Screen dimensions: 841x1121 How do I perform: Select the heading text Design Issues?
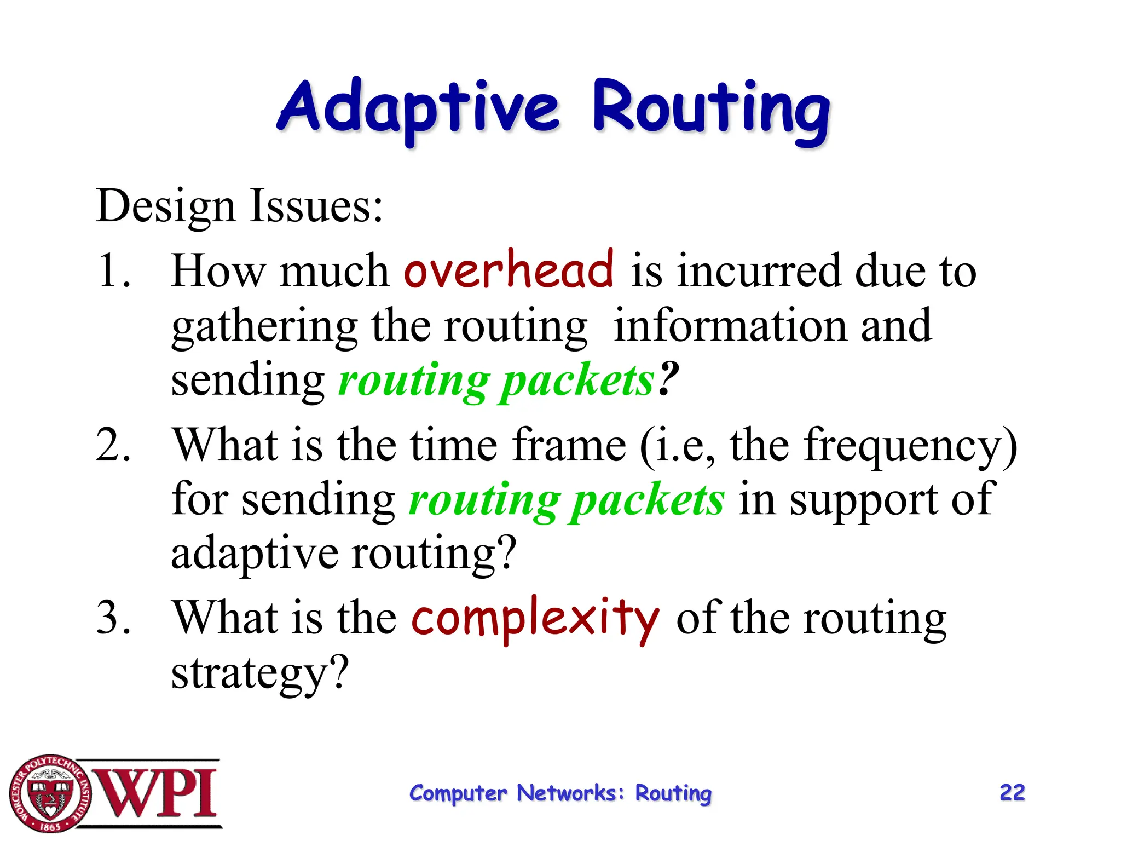(x=239, y=206)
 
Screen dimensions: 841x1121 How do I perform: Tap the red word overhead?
(x=509, y=269)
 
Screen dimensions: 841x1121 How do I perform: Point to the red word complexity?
(x=535, y=619)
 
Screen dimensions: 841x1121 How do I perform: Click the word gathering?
(x=264, y=327)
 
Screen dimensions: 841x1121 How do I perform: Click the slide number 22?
(x=1012, y=792)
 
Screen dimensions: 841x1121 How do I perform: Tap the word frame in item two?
(x=569, y=445)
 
